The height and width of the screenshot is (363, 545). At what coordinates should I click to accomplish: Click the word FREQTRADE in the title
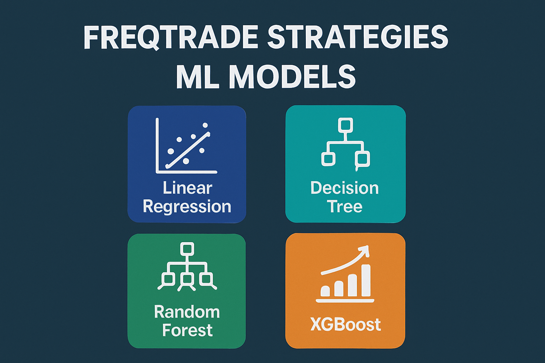coord(171,37)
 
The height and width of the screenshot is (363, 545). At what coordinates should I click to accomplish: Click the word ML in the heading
coord(197,77)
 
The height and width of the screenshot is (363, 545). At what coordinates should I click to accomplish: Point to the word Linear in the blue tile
coord(187,188)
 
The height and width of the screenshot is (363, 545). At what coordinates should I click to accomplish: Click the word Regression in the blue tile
coord(187,206)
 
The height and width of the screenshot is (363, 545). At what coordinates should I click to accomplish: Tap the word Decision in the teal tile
coord(345,188)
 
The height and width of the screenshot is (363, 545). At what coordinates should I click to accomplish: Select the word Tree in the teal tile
coord(345,206)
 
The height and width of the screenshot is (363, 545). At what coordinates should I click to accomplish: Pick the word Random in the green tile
coord(187,312)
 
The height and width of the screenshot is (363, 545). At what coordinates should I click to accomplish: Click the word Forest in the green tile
coord(187,330)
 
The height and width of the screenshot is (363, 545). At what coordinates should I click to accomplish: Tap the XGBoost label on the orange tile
coord(345,324)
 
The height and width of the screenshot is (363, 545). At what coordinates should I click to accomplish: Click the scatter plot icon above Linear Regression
coord(186,146)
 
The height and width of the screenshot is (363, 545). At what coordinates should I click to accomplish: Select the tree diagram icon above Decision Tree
coord(345,144)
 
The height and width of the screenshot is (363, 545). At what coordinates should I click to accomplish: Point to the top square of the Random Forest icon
coord(187,249)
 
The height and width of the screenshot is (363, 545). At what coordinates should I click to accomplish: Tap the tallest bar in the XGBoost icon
coord(366,280)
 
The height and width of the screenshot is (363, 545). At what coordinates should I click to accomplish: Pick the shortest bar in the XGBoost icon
coord(325,291)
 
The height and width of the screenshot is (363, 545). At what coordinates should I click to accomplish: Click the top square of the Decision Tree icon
coord(345,125)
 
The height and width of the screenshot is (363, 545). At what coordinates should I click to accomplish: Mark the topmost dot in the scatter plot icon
coord(205,125)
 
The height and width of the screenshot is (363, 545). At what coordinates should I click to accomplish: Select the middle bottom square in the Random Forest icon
coord(187,279)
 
